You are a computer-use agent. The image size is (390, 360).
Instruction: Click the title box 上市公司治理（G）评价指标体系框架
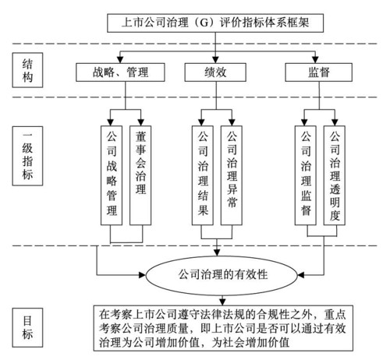point(215,23)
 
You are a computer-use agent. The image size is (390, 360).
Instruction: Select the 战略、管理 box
point(120,72)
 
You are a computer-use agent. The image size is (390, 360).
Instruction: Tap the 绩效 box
point(215,72)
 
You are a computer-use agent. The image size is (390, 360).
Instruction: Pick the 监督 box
point(319,72)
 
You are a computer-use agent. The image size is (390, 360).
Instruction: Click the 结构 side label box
point(27,70)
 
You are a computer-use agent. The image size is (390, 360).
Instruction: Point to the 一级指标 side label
point(27,156)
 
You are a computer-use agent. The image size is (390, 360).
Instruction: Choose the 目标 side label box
point(27,327)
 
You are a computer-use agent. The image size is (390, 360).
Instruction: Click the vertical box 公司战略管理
point(112,175)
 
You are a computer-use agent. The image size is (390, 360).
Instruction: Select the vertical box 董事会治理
point(140,175)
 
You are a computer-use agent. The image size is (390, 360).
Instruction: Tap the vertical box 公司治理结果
point(203,175)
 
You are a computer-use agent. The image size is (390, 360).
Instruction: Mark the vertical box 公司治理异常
point(232,175)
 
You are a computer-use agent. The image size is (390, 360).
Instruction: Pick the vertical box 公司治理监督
point(306,175)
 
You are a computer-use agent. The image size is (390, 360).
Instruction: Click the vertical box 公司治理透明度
point(335,175)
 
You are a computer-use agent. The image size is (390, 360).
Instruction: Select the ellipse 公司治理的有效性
point(222,275)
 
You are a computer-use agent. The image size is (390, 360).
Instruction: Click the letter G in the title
point(204,23)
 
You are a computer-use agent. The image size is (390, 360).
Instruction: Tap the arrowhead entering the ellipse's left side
point(143,275)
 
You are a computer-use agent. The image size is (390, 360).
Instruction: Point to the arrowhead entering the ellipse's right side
point(301,275)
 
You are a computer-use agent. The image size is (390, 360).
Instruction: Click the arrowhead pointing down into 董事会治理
point(140,122)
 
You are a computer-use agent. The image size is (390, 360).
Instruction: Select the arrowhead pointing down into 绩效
point(215,60)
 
